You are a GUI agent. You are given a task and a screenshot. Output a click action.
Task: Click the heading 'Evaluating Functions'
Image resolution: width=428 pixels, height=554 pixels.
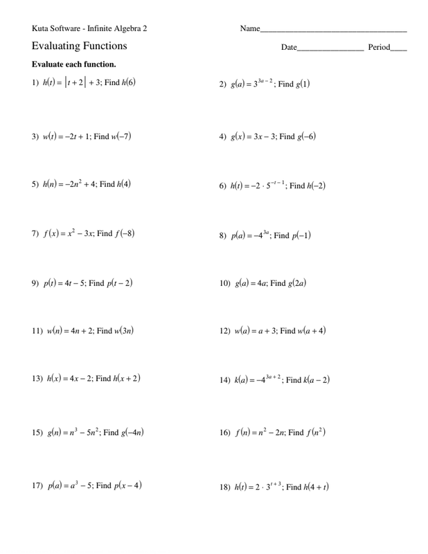pyautogui.click(x=80, y=46)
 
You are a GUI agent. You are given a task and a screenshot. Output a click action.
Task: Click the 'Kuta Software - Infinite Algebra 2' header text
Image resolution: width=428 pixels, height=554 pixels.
pyautogui.click(x=89, y=28)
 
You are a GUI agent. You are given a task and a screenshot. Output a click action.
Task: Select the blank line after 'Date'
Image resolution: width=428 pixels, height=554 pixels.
pyautogui.click(x=330, y=49)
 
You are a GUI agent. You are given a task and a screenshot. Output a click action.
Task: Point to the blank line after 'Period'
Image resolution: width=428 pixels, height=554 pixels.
pyautogui.click(x=399, y=49)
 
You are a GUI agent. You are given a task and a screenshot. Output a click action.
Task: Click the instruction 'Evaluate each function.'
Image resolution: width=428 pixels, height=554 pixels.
pyautogui.click(x=73, y=64)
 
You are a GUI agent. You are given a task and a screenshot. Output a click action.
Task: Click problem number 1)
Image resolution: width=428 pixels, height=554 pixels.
pyautogui.click(x=35, y=83)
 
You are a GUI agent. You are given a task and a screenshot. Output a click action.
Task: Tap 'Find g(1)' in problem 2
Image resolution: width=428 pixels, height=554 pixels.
pyautogui.click(x=294, y=84)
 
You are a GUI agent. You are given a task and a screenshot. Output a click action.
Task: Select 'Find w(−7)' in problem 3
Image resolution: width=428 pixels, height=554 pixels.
pyautogui.click(x=112, y=137)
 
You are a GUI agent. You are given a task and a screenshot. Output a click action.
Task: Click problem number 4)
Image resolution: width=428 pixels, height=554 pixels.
pyautogui.click(x=222, y=137)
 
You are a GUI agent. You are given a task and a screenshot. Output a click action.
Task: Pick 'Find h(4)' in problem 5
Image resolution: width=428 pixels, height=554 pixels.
pyautogui.click(x=115, y=185)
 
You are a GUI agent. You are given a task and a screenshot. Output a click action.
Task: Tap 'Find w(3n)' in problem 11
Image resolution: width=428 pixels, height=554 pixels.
pyautogui.click(x=115, y=331)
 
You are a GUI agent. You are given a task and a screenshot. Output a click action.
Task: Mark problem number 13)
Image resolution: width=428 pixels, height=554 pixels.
pyautogui.click(x=37, y=379)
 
